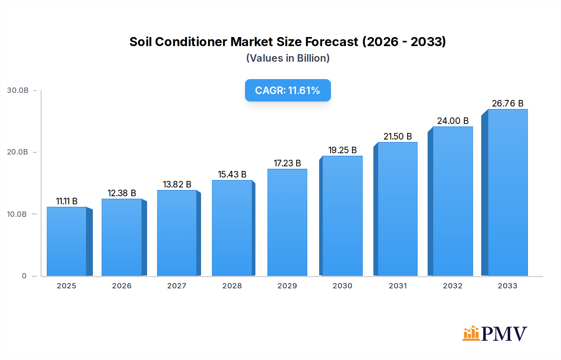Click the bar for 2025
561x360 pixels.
[x=66, y=241]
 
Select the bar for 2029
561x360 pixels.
[x=287, y=222]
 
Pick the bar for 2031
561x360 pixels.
[x=397, y=209]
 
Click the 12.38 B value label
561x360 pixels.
[x=122, y=193]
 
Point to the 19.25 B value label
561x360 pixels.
[x=342, y=150]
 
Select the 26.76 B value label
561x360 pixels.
[x=507, y=103]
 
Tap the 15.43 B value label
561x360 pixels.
[x=232, y=174]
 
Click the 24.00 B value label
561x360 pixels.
[x=453, y=121]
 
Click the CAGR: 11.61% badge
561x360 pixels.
[x=288, y=90]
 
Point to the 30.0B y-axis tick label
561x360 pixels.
[x=18, y=90]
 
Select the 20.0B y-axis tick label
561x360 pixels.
[x=17, y=152]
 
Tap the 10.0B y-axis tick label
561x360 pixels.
[x=17, y=214]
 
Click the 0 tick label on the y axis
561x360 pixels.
[x=24, y=276]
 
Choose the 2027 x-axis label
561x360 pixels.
[x=177, y=286]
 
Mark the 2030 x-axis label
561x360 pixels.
[x=342, y=286]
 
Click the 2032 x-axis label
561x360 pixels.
[x=453, y=286]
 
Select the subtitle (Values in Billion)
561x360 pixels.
[x=288, y=58]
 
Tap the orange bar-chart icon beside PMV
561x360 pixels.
[x=471, y=333]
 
